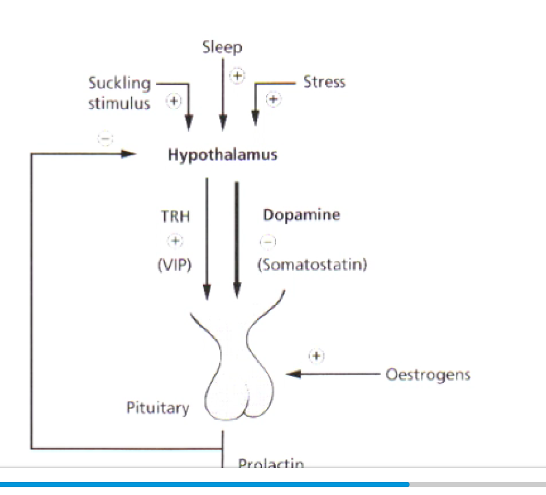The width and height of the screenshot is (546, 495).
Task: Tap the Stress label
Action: click(324, 82)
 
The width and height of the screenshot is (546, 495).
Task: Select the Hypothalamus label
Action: click(222, 155)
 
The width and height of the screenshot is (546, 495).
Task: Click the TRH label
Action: click(175, 216)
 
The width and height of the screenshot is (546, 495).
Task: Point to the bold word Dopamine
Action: click(301, 215)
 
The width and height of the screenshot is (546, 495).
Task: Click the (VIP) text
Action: click(174, 265)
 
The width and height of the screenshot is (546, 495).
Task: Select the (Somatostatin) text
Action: click(312, 265)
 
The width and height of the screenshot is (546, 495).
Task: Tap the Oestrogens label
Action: click(428, 375)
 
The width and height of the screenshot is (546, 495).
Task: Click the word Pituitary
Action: click(157, 408)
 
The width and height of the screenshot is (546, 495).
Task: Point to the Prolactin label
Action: click(271, 463)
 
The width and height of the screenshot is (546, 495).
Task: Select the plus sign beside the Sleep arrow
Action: click(238, 75)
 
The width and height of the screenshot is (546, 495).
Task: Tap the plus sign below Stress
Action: click(273, 99)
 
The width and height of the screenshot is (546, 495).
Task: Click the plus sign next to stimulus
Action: click(173, 101)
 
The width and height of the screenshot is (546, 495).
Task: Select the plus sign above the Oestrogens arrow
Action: click(316, 356)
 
